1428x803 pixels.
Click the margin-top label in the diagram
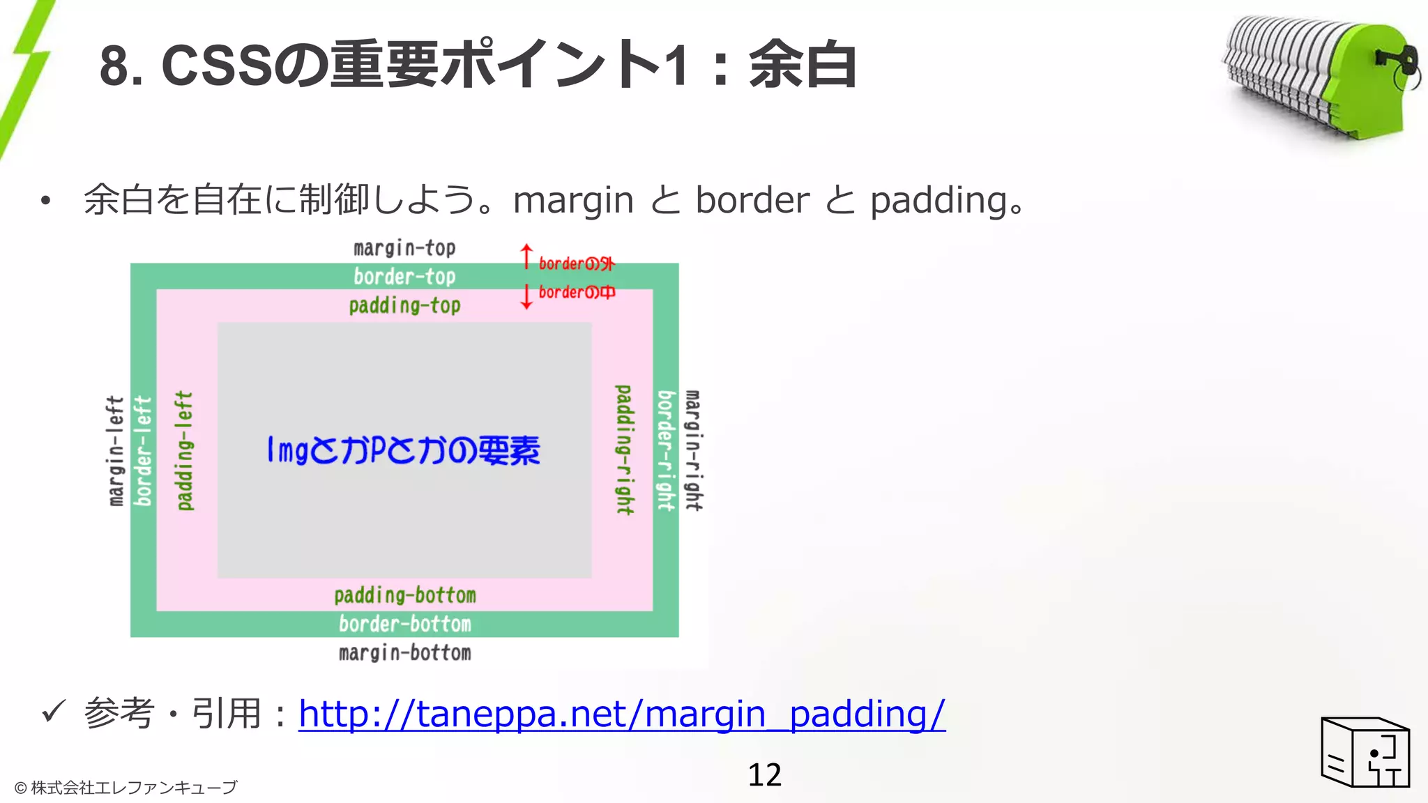tap(404, 248)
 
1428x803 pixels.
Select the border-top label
tap(404, 277)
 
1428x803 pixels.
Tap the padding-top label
tap(404, 305)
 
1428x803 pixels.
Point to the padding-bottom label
tap(404, 595)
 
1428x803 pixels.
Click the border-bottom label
tap(404, 624)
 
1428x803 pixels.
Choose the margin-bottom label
tap(404, 653)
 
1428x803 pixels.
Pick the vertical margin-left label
tap(116, 451)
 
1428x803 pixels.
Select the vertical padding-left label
tap(185, 450)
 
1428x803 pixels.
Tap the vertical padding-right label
tap(625, 450)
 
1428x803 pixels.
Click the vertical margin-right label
tap(693, 450)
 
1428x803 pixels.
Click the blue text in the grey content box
tap(404, 450)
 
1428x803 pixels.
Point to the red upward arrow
tap(526, 257)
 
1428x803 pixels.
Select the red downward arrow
tap(526, 296)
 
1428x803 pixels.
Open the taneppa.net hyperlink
tap(622, 714)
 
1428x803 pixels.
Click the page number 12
tap(764, 774)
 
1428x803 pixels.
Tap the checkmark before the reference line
tap(53, 712)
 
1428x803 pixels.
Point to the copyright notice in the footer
tap(126, 788)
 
